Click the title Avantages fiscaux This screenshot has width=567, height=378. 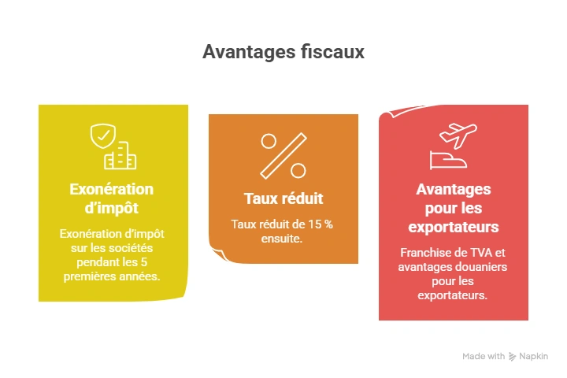pyautogui.click(x=283, y=52)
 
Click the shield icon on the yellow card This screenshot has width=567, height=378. pyautogui.click(x=102, y=137)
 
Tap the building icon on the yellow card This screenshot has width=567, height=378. pyautogui.click(x=120, y=157)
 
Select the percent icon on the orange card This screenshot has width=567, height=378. pyautogui.click(x=283, y=155)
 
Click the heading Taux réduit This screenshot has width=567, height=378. pyautogui.click(x=283, y=198)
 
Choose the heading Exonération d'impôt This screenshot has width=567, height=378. pyautogui.click(x=112, y=198)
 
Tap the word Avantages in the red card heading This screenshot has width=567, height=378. pyautogui.click(x=453, y=190)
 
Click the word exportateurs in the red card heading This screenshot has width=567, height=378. pyautogui.click(x=453, y=228)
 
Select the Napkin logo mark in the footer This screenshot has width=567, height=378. pyautogui.click(x=513, y=357)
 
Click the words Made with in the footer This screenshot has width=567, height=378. pyautogui.click(x=484, y=357)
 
